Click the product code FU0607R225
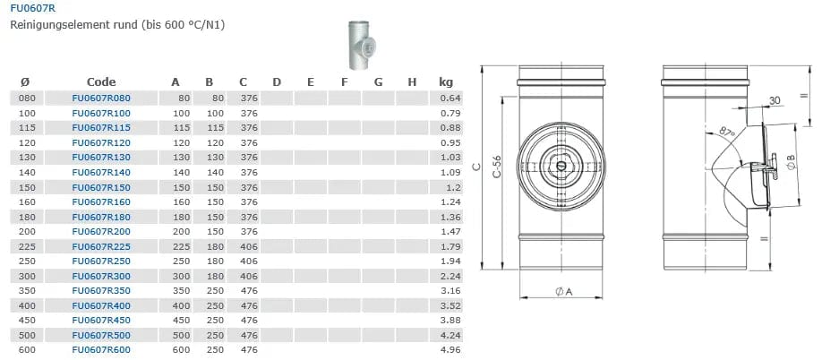tap(101, 246)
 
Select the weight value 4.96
tap(450, 350)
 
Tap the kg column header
tap(446, 82)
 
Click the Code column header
tap(101, 81)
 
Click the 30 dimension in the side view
tap(775, 100)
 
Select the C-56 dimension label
tap(497, 167)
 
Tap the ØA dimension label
tap(564, 292)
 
